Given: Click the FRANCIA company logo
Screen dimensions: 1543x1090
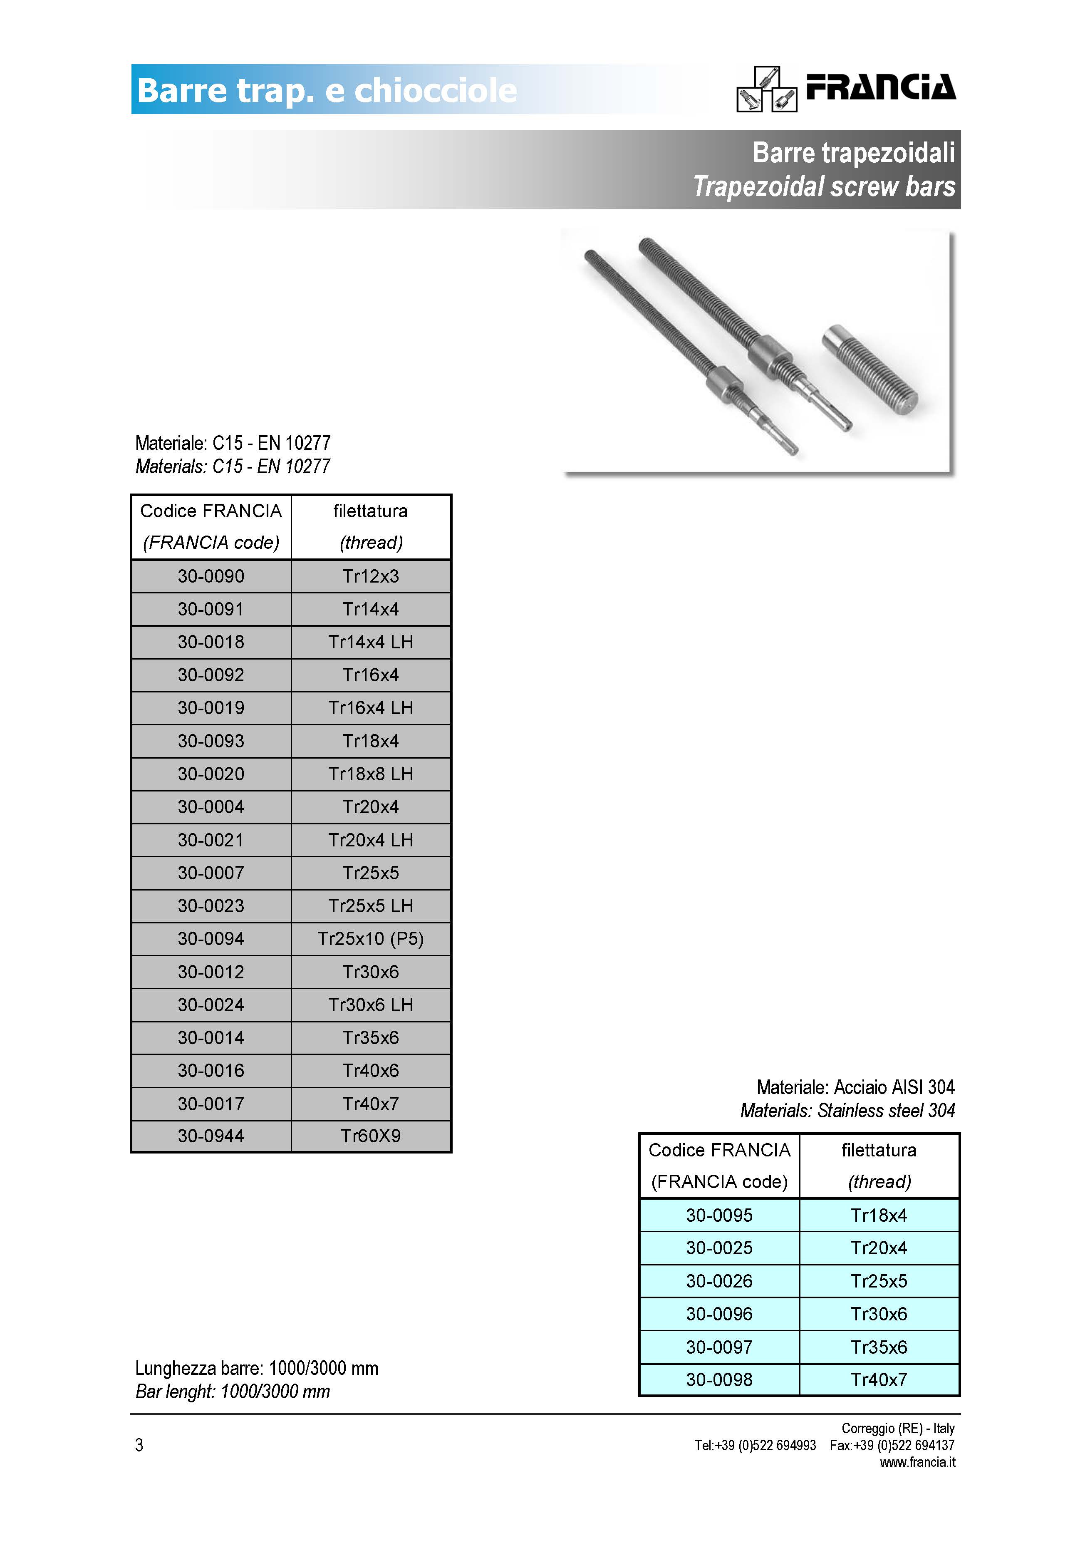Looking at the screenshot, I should click(846, 89).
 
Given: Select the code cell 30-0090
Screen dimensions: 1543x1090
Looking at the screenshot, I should click(211, 576).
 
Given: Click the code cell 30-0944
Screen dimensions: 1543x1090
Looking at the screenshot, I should click(211, 1136).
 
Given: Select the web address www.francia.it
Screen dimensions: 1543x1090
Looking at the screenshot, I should click(917, 1462).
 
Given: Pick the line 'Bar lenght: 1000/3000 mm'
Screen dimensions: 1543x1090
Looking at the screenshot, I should click(233, 1391).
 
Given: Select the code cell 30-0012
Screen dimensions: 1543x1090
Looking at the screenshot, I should click(211, 972).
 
